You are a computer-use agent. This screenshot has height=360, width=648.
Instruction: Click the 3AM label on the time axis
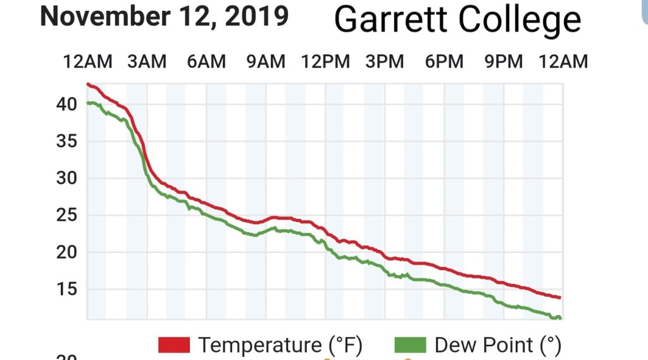pos(147,61)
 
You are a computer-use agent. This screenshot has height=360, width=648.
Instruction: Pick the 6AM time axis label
pos(206,61)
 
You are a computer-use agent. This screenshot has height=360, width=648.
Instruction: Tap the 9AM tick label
pos(266,61)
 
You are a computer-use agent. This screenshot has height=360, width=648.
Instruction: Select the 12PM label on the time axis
pos(325,61)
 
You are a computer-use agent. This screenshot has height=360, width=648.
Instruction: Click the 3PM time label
pos(385,61)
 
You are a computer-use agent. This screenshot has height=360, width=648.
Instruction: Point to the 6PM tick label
pos(444,61)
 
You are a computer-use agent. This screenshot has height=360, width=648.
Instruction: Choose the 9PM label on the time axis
pos(504,61)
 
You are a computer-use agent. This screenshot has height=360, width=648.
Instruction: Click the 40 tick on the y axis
pos(66,104)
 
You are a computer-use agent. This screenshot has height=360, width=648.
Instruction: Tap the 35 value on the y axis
pos(66,141)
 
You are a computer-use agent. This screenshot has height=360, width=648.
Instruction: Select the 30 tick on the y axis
pos(66,178)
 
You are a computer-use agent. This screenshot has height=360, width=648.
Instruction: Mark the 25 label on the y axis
pos(66,215)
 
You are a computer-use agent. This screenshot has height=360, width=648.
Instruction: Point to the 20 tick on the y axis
pos(66,252)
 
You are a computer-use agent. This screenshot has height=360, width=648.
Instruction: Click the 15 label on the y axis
pos(66,289)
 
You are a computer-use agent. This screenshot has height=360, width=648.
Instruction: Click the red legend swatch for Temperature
pos(174,345)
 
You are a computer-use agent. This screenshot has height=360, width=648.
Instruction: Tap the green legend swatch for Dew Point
pos(410,345)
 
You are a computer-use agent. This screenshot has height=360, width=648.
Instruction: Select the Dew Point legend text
pos(497,345)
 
